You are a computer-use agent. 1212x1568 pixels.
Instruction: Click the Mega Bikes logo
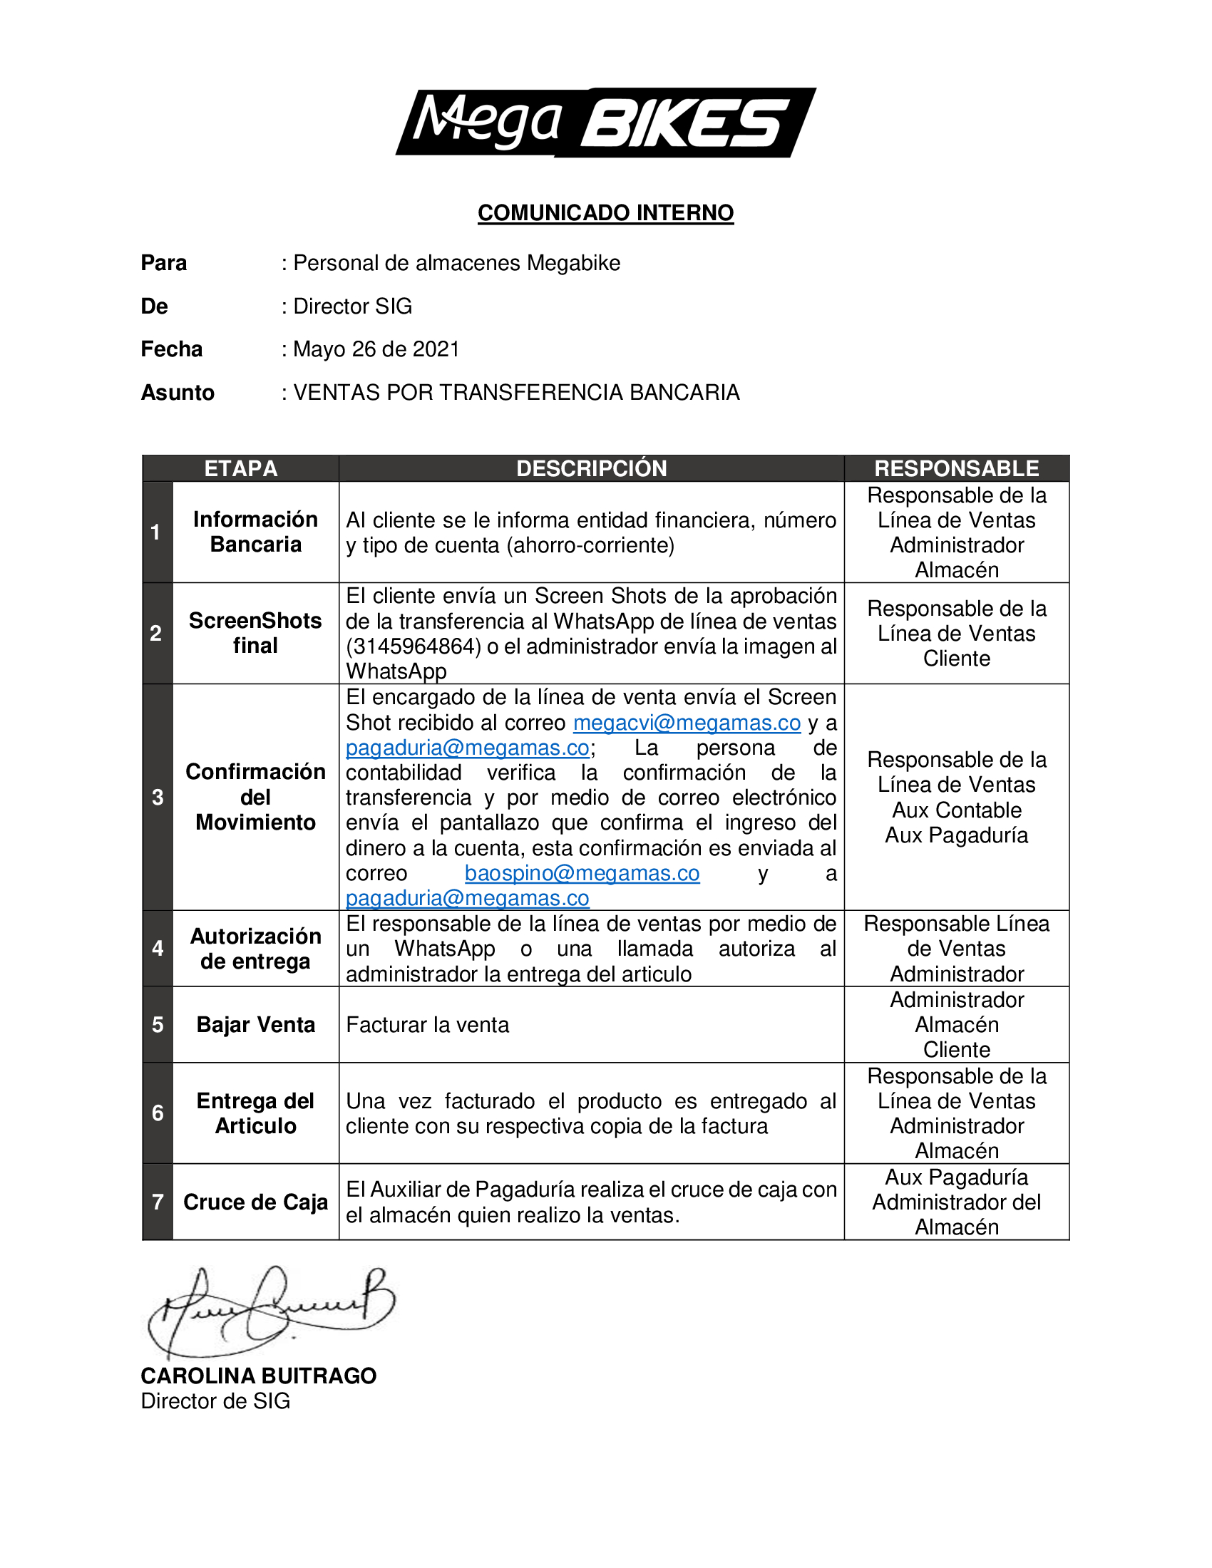point(605,122)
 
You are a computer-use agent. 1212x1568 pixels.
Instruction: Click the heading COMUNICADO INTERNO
point(605,213)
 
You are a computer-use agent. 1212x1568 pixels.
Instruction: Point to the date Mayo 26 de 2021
point(376,350)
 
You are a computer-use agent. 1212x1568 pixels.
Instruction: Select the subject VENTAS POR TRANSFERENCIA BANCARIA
point(516,393)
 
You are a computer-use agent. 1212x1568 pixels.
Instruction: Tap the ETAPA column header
point(240,469)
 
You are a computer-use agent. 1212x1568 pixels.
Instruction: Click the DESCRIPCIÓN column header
point(592,469)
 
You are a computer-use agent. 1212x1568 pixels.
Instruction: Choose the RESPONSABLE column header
point(956,469)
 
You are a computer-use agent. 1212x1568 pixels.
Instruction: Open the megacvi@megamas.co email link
point(687,723)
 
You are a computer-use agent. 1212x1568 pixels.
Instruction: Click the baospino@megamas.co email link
point(582,874)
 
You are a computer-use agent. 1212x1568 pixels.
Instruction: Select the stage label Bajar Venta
point(256,1025)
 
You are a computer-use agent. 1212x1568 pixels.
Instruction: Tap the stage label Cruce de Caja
point(256,1202)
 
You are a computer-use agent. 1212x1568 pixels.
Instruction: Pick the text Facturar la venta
point(427,1025)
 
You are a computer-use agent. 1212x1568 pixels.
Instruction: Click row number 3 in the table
point(158,798)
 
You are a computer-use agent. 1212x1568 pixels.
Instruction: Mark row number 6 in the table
point(158,1113)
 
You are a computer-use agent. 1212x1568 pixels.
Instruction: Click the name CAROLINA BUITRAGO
point(259,1376)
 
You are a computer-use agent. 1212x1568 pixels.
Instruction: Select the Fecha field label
point(172,350)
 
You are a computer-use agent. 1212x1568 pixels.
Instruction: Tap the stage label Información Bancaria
point(256,532)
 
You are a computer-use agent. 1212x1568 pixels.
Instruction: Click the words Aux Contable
point(956,810)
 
